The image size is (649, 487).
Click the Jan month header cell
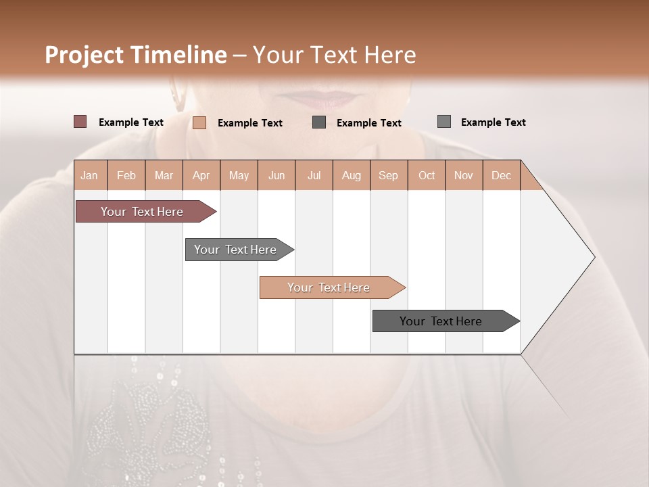point(90,175)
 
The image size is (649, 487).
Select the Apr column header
point(201,175)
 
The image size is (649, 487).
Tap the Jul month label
point(314,175)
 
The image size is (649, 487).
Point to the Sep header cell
point(388,175)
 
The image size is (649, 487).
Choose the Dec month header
point(501,175)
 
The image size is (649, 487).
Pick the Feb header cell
point(126,175)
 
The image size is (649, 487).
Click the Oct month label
point(427,175)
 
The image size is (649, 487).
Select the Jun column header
point(277,175)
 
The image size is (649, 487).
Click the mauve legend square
point(80,122)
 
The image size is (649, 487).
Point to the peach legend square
point(199,122)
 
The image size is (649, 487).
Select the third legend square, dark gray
point(319,122)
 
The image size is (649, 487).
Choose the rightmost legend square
point(444,122)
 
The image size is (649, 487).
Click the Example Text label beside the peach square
point(250,123)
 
